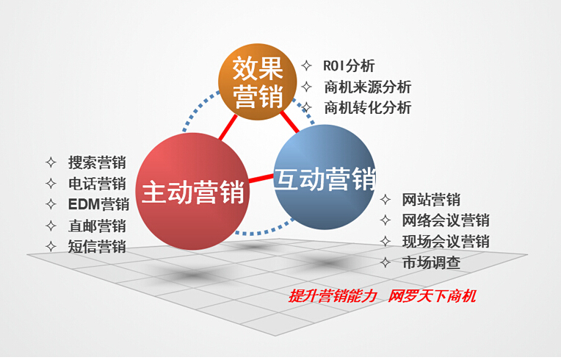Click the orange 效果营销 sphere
258,82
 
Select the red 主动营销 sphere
192,192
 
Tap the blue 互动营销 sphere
325,177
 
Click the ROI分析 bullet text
349,66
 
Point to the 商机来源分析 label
368,87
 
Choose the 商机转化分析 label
368,108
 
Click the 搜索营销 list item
97,162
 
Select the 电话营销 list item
97,184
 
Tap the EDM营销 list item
98,204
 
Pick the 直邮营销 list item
97,226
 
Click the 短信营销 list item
97,247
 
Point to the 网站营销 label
431,200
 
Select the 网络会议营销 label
446,220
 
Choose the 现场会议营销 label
446,242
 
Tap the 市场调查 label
431,263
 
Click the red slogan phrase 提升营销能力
333,296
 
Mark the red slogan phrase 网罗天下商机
432,296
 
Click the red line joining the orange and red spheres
228,127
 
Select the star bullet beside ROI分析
307,66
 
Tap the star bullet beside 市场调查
386,263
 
